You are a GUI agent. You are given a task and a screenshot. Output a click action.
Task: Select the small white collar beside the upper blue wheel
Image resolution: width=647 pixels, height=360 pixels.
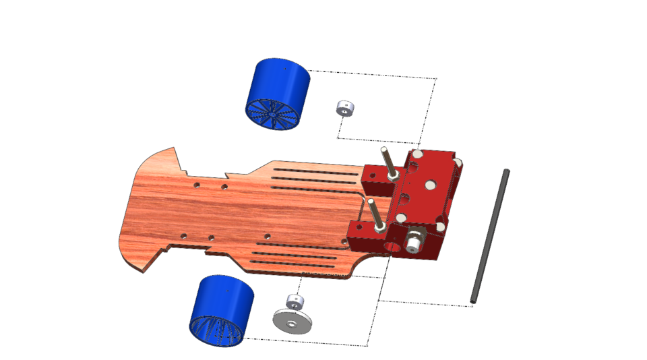click(x=345, y=108)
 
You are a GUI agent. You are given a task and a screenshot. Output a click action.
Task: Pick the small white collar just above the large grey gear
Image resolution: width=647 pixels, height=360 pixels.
click(x=295, y=301)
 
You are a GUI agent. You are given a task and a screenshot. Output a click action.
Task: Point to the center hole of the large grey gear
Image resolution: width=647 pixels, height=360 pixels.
click(x=291, y=324)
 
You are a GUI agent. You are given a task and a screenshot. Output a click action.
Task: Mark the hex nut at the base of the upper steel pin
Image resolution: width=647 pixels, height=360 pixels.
click(x=392, y=177)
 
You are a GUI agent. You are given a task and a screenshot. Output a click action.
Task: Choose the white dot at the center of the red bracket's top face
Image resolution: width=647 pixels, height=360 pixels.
click(x=428, y=185)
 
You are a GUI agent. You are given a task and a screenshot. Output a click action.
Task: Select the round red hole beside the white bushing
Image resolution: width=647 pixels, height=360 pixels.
click(x=392, y=246)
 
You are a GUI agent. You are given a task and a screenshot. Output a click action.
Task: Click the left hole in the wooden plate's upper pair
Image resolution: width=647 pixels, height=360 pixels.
click(x=196, y=184)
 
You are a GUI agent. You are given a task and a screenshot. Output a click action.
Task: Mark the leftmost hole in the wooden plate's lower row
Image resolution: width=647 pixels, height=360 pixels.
click(x=183, y=235)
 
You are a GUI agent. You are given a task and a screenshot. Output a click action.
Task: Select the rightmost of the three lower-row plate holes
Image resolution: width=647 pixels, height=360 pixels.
click(x=268, y=236)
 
